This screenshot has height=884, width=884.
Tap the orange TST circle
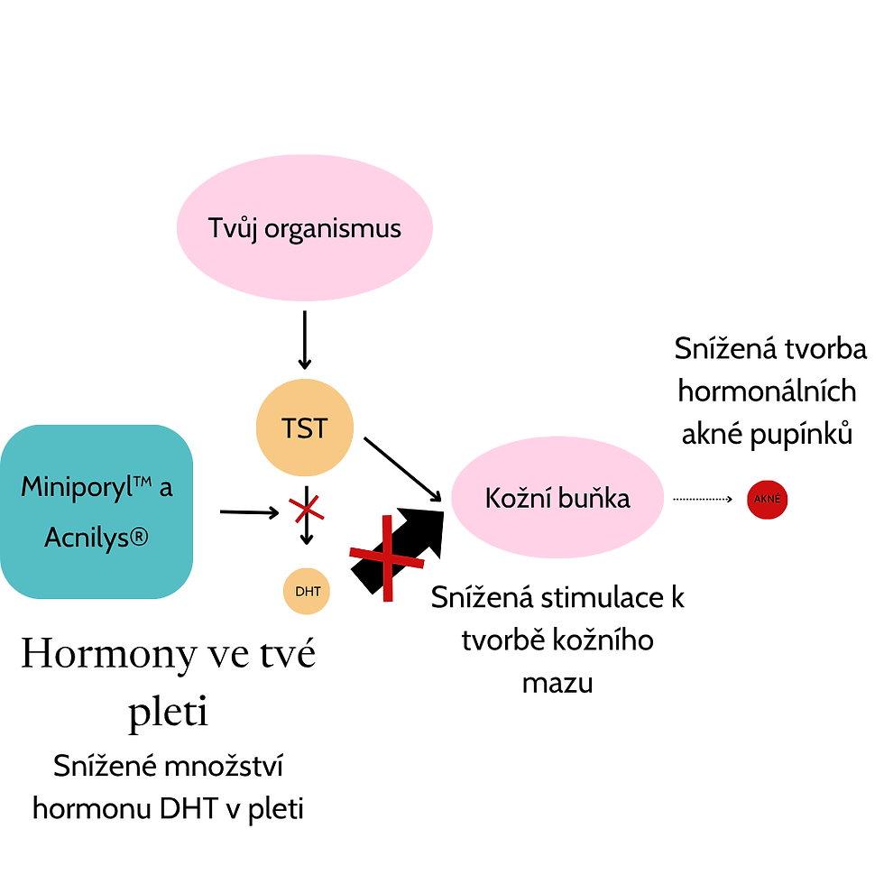coord(305,428)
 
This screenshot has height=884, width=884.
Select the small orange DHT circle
coord(307,592)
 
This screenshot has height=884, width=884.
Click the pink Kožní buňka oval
coord(557,498)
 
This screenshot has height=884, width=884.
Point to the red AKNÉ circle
coord(768,499)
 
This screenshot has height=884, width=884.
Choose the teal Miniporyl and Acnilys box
coord(97,511)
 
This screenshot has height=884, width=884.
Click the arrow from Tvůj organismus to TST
coord(305,340)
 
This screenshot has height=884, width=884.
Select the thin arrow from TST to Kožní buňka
coord(403,469)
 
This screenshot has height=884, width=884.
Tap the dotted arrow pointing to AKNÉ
coord(704,498)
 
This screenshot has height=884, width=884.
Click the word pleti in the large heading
coord(169,713)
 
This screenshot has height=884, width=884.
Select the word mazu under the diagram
coord(557,683)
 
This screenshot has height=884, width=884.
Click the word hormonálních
coord(768,391)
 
